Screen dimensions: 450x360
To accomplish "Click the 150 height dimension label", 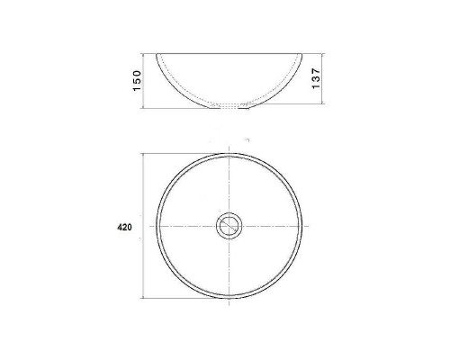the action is click(137, 81).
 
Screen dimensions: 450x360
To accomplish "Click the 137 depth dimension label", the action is click(316, 78).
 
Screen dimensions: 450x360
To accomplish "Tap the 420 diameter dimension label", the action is click(124, 228).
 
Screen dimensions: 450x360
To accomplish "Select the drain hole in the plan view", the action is click(229, 226).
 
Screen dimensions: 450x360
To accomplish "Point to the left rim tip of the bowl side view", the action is click(157, 54).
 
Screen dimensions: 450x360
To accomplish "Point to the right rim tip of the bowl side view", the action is click(301, 54).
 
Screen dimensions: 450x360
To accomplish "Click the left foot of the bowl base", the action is click(214, 108).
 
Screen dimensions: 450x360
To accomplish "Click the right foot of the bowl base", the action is click(243, 108).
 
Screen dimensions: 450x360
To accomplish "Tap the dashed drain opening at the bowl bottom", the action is click(229, 105).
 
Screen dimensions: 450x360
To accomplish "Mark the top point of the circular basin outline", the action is click(229, 153).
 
